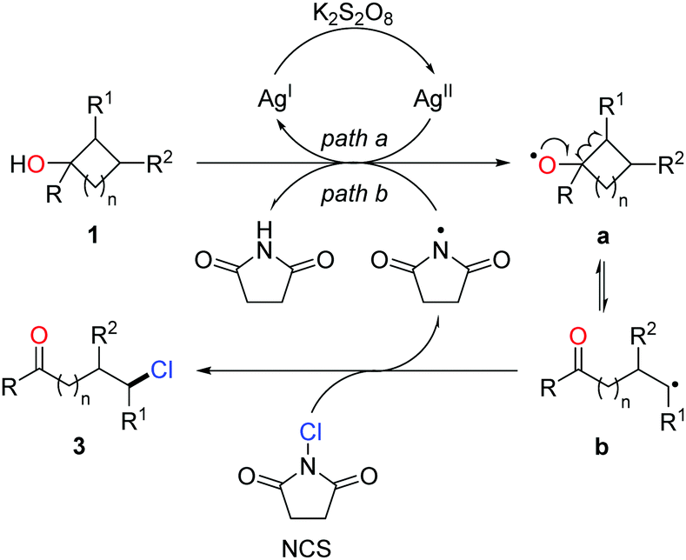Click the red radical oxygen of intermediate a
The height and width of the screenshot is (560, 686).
pos(539,162)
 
